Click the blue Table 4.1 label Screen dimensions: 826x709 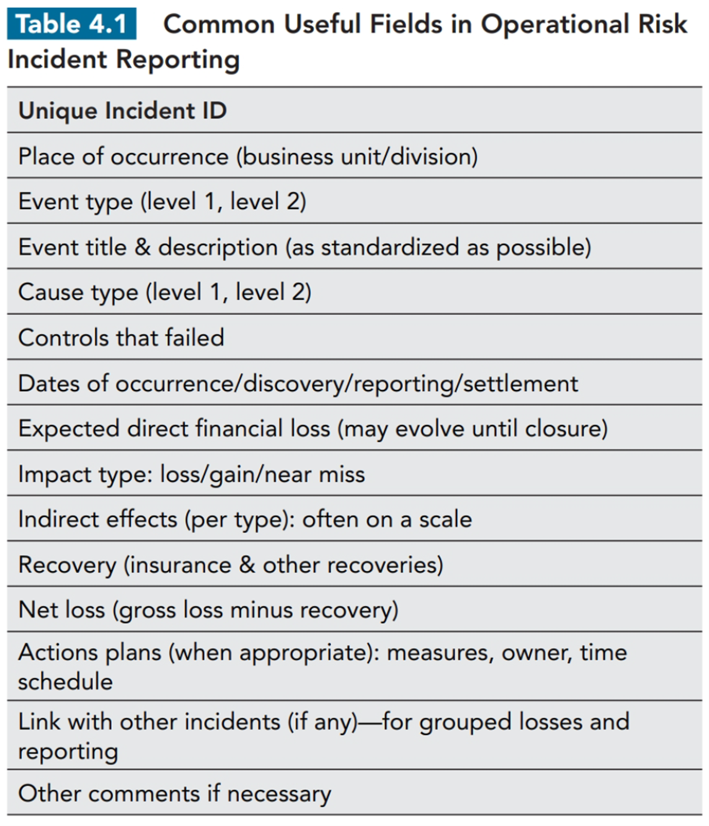click(x=72, y=24)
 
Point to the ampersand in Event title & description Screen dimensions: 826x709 click(x=142, y=247)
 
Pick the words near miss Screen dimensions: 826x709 click(x=314, y=474)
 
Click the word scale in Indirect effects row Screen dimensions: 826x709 click(x=445, y=520)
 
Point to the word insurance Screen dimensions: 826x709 click(x=180, y=565)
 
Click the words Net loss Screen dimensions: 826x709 click(x=62, y=610)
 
